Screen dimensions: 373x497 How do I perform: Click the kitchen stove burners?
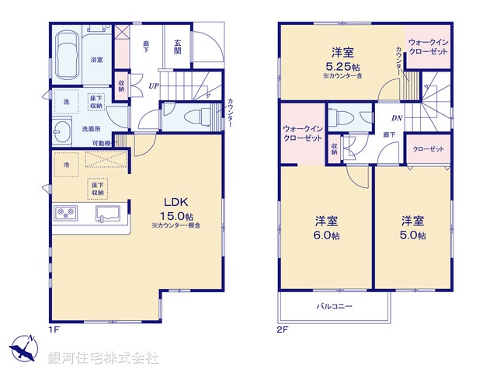64,213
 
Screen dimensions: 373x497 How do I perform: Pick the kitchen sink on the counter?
106,213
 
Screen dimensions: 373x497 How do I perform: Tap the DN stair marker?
394,118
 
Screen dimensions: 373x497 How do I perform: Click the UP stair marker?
154,86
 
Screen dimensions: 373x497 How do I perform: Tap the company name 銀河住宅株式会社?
103,358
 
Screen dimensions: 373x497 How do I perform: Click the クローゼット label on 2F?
428,148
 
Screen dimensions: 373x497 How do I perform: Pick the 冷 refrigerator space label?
67,165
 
